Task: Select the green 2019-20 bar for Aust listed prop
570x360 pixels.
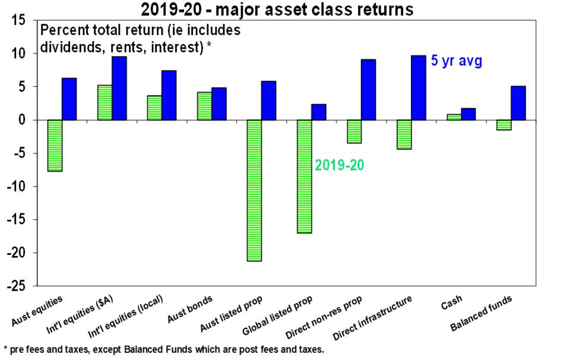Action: pyautogui.click(x=254, y=190)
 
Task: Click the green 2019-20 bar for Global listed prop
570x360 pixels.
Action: pyautogui.click(x=304, y=176)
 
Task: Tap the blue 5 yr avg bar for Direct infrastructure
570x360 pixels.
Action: pyautogui.click(x=419, y=88)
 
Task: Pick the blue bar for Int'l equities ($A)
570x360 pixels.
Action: pyautogui.click(x=119, y=89)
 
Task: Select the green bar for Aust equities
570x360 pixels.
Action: pyautogui.click(x=55, y=146)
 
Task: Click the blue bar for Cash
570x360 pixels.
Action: pyautogui.click(x=468, y=114)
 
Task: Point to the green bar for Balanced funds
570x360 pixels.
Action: pyautogui.click(x=504, y=125)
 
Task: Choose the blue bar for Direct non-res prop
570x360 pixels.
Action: pyautogui.click(x=369, y=90)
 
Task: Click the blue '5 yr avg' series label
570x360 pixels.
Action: pyautogui.click(x=456, y=61)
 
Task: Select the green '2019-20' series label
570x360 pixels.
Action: pyautogui.click(x=339, y=166)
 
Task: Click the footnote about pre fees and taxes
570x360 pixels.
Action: pyautogui.click(x=164, y=349)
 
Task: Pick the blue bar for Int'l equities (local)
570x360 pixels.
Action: pyautogui.click(x=169, y=95)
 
